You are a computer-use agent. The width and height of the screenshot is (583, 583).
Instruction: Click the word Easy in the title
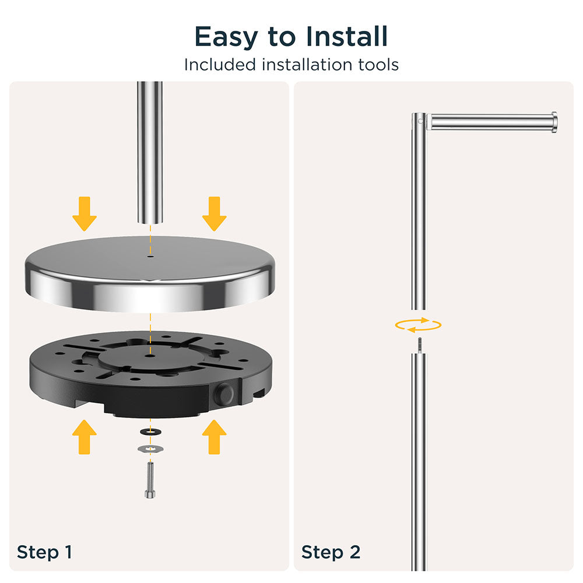pyautogui.click(x=226, y=37)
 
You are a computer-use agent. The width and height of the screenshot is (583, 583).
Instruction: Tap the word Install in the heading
pyautogui.click(x=347, y=36)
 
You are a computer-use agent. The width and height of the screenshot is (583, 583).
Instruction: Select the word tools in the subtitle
pyautogui.click(x=378, y=65)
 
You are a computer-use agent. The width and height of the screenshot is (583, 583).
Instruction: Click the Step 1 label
pyautogui.click(x=44, y=552)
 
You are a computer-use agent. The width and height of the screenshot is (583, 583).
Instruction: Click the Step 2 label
pyautogui.click(x=331, y=552)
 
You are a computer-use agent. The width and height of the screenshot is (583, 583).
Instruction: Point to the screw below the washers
pyautogui.click(x=150, y=480)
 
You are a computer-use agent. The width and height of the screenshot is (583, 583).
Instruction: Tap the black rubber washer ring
pyautogui.click(x=150, y=431)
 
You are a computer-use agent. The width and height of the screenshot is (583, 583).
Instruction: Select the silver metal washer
pyautogui.click(x=150, y=449)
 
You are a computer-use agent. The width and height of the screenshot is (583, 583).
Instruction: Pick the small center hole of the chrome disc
pyautogui.click(x=150, y=256)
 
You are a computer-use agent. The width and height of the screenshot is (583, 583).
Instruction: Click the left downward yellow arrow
pyautogui.click(x=85, y=214)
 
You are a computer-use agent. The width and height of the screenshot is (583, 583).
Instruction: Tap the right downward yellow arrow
pyautogui.click(x=214, y=214)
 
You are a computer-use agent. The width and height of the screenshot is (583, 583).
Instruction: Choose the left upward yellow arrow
pyautogui.click(x=85, y=437)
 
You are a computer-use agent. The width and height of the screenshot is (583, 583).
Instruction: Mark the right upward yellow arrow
pyautogui.click(x=214, y=437)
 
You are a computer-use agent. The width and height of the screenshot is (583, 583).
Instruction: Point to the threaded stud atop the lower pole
pyautogui.click(x=419, y=346)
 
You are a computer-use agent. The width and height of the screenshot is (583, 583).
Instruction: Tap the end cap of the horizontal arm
pyautogui.click(x=554, y=122)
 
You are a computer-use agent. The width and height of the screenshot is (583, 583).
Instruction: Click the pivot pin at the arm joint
pyautogui.click(x=420, y=121)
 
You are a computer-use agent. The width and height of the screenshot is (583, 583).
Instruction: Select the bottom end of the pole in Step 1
pyautogui.click(x=150, y=222)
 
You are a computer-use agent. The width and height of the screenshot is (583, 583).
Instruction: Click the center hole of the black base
pyautogui.click(x=150, y=356)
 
